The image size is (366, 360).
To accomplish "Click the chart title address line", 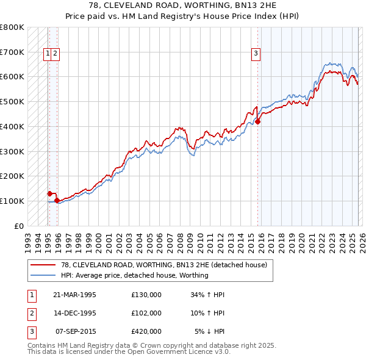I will [x=183, y=5].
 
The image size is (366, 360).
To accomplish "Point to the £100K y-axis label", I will [x=12, y=201].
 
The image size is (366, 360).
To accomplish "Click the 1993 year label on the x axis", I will [x=28, y=239].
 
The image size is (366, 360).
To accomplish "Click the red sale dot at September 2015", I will [x=257, y=121].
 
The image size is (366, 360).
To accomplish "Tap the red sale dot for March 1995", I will [x=50, y=193].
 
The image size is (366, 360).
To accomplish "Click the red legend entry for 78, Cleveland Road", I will [x=163, y=265].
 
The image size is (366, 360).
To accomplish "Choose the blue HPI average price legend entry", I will [x=134, y=275].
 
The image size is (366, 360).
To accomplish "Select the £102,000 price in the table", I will [x=146, y=313].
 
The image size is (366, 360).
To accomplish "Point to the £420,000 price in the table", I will [x=146, y=331].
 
